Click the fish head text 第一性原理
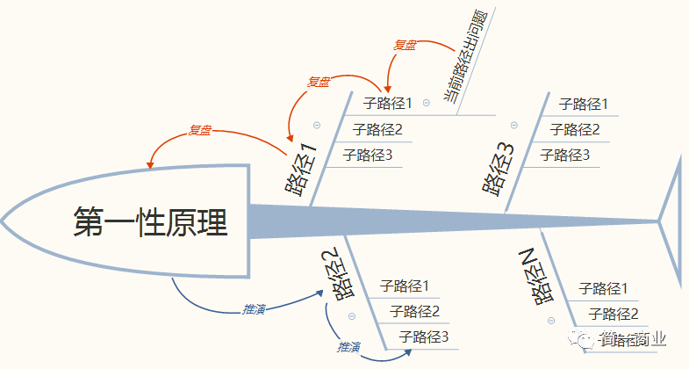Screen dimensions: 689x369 point(150,221)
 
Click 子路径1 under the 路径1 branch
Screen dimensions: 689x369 point(387,104)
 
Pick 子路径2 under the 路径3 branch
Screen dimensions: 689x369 point(575,130)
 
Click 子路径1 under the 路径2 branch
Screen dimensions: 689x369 point(404,286)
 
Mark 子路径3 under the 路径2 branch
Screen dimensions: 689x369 point(423,336)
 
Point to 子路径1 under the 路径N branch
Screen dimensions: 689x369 point(605,288)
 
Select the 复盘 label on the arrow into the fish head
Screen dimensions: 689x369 point(200,130)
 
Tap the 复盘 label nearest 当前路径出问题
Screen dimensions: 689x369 point(405,44)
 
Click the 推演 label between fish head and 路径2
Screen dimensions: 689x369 point(254,309)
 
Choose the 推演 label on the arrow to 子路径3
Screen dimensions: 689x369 point(349,347)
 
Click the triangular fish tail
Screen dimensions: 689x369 point(671,220)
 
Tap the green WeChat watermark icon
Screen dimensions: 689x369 point(582,338)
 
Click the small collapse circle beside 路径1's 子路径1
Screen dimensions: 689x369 point(427,103)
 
